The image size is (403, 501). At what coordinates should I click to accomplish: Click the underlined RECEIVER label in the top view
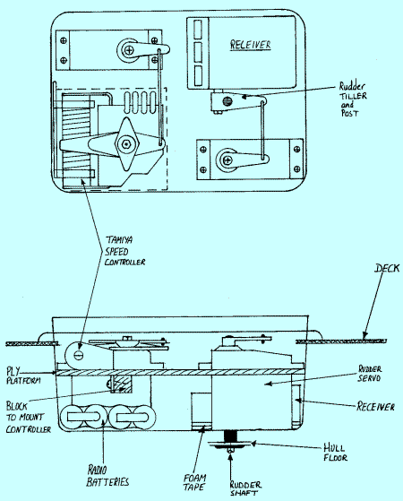pos(251,45)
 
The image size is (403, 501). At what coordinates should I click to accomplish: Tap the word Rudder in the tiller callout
pos(352,86)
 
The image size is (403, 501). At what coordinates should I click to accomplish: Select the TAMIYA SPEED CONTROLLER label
pos(124,251)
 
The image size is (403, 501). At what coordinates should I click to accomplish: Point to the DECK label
pos(387,268)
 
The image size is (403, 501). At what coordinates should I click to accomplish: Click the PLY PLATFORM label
pos(23,376)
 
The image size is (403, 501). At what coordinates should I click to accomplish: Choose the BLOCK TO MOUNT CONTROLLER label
pos(29,418)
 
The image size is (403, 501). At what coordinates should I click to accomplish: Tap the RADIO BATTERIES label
pos(107,476)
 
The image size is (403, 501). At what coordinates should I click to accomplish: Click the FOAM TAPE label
pos(195,482)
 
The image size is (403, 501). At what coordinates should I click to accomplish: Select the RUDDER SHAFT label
pos(245,488)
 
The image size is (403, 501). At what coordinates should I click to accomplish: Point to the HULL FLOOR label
pos(335,453)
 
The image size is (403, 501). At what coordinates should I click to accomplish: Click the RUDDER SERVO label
pos(370,374)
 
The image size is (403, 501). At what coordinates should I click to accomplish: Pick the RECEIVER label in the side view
pos(375,406)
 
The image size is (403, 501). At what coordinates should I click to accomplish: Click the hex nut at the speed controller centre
pos(126,144)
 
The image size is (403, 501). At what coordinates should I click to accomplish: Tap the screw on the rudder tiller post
pos(227,101)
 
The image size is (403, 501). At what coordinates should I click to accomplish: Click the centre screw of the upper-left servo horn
pos(130,50)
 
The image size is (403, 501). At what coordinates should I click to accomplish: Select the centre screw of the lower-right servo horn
pos(227,160)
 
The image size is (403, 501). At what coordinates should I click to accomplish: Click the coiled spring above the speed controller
pos(141,102)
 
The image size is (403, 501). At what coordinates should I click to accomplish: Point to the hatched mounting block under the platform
pos(123,384)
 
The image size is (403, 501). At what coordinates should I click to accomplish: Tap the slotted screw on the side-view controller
pos(79,354)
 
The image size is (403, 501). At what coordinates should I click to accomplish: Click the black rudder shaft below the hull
pos(230,436)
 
